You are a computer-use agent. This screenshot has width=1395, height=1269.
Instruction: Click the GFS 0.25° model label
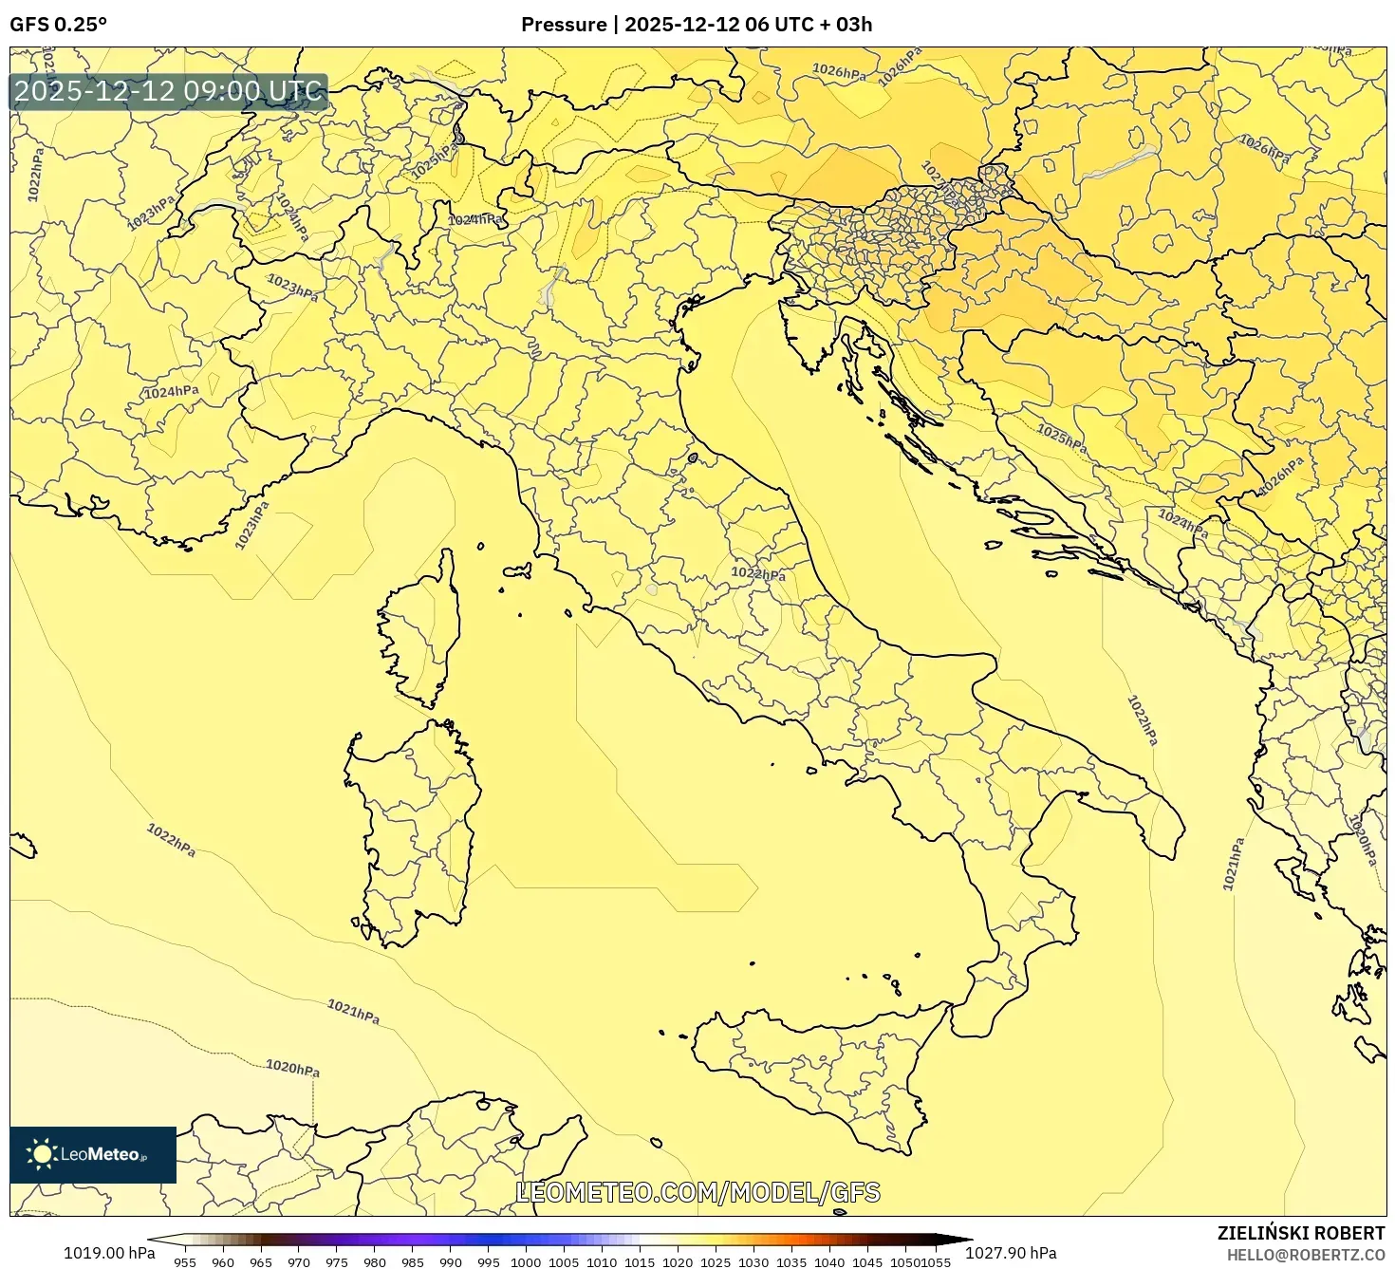coord(58,25)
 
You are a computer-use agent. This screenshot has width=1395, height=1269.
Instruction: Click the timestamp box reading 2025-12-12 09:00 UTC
coord(169,92)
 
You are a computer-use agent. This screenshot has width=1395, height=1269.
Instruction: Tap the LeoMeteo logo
coord(93,1154)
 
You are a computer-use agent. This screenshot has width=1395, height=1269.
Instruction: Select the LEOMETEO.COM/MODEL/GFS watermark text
coord(697,1192)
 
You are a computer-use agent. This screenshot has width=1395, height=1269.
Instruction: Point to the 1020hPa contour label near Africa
coord(292,1069)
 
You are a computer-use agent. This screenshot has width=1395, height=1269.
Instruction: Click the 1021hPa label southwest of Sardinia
coord(353,1012)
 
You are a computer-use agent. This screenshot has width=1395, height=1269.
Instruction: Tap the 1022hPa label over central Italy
coord(758,574)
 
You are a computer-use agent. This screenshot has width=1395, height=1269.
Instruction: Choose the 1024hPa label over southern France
coord(171,392)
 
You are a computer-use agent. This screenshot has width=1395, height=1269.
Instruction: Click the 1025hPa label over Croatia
coord(1061,438)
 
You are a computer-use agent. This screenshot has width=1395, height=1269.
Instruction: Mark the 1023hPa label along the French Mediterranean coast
coord(251,525)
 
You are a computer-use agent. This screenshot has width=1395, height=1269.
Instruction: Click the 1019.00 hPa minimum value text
coord(109,1253)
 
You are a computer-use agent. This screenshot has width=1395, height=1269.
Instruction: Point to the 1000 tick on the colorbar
coord(526,1262)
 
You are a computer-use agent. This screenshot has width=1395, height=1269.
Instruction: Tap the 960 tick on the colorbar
coord(223,1262)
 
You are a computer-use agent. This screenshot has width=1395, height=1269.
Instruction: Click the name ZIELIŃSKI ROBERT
coord(1300,1233)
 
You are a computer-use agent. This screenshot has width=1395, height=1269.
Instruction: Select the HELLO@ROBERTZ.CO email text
coord(1305,1255)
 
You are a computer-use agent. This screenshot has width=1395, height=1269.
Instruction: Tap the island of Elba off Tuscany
coord(517,571)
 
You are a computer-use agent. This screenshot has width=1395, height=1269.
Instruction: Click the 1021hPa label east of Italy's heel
coord(1232,865)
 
